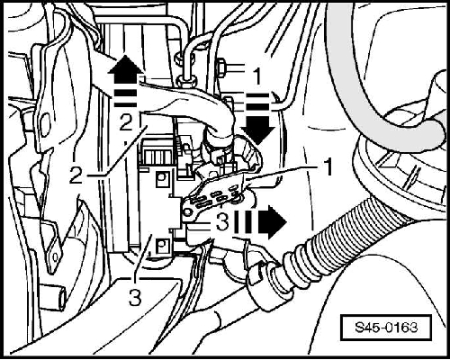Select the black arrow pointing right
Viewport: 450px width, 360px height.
pyautogui.click(x=270, y=222)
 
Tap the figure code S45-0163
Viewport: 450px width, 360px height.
pyautogui.click(x=386, y=327)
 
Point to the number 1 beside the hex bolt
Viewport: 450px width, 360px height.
pyautogui.click(x=257, y=76)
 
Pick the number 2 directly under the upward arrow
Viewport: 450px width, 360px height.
pyautogui.click(x=126, y=122)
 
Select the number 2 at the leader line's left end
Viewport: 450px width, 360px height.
pyautogui.click(x=76, y=175)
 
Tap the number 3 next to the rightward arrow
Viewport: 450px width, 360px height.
pyautogui.click(x=222, y=222)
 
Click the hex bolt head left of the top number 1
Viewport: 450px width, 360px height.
pyautogui.click(x=220, y=68)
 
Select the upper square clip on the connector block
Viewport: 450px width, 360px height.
pyautogui.click(x=162, y=178)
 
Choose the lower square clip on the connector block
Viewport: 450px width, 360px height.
pyautogui.click(x=162, y=246)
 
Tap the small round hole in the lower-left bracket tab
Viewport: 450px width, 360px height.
pyautogui.click(x=55, y=256)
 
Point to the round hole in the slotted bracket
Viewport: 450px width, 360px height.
pyautogui.click(x=188, y=212)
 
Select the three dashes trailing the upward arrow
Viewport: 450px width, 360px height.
pyautogui.click(x=125, y=98)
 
